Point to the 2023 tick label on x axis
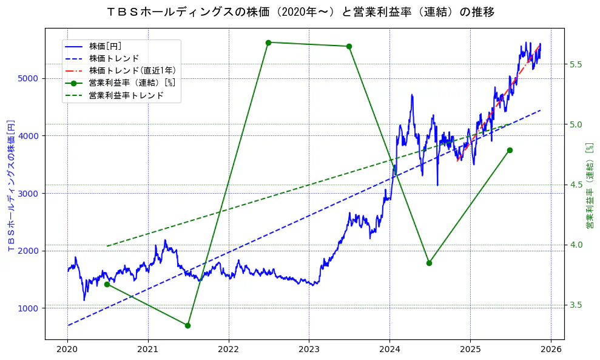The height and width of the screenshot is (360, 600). [309, 350]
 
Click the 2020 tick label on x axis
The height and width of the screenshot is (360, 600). [67, 350]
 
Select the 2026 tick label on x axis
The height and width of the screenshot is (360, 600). [550, 350]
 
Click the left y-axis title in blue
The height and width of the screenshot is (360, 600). [10, 185]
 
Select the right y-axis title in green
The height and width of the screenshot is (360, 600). [589, 185]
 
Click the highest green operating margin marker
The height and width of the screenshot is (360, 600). [268, 42]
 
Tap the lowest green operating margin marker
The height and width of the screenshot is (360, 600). [187, 325]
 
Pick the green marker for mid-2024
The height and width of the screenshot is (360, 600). [429, 263]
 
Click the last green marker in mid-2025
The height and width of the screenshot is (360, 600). [510, 150]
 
